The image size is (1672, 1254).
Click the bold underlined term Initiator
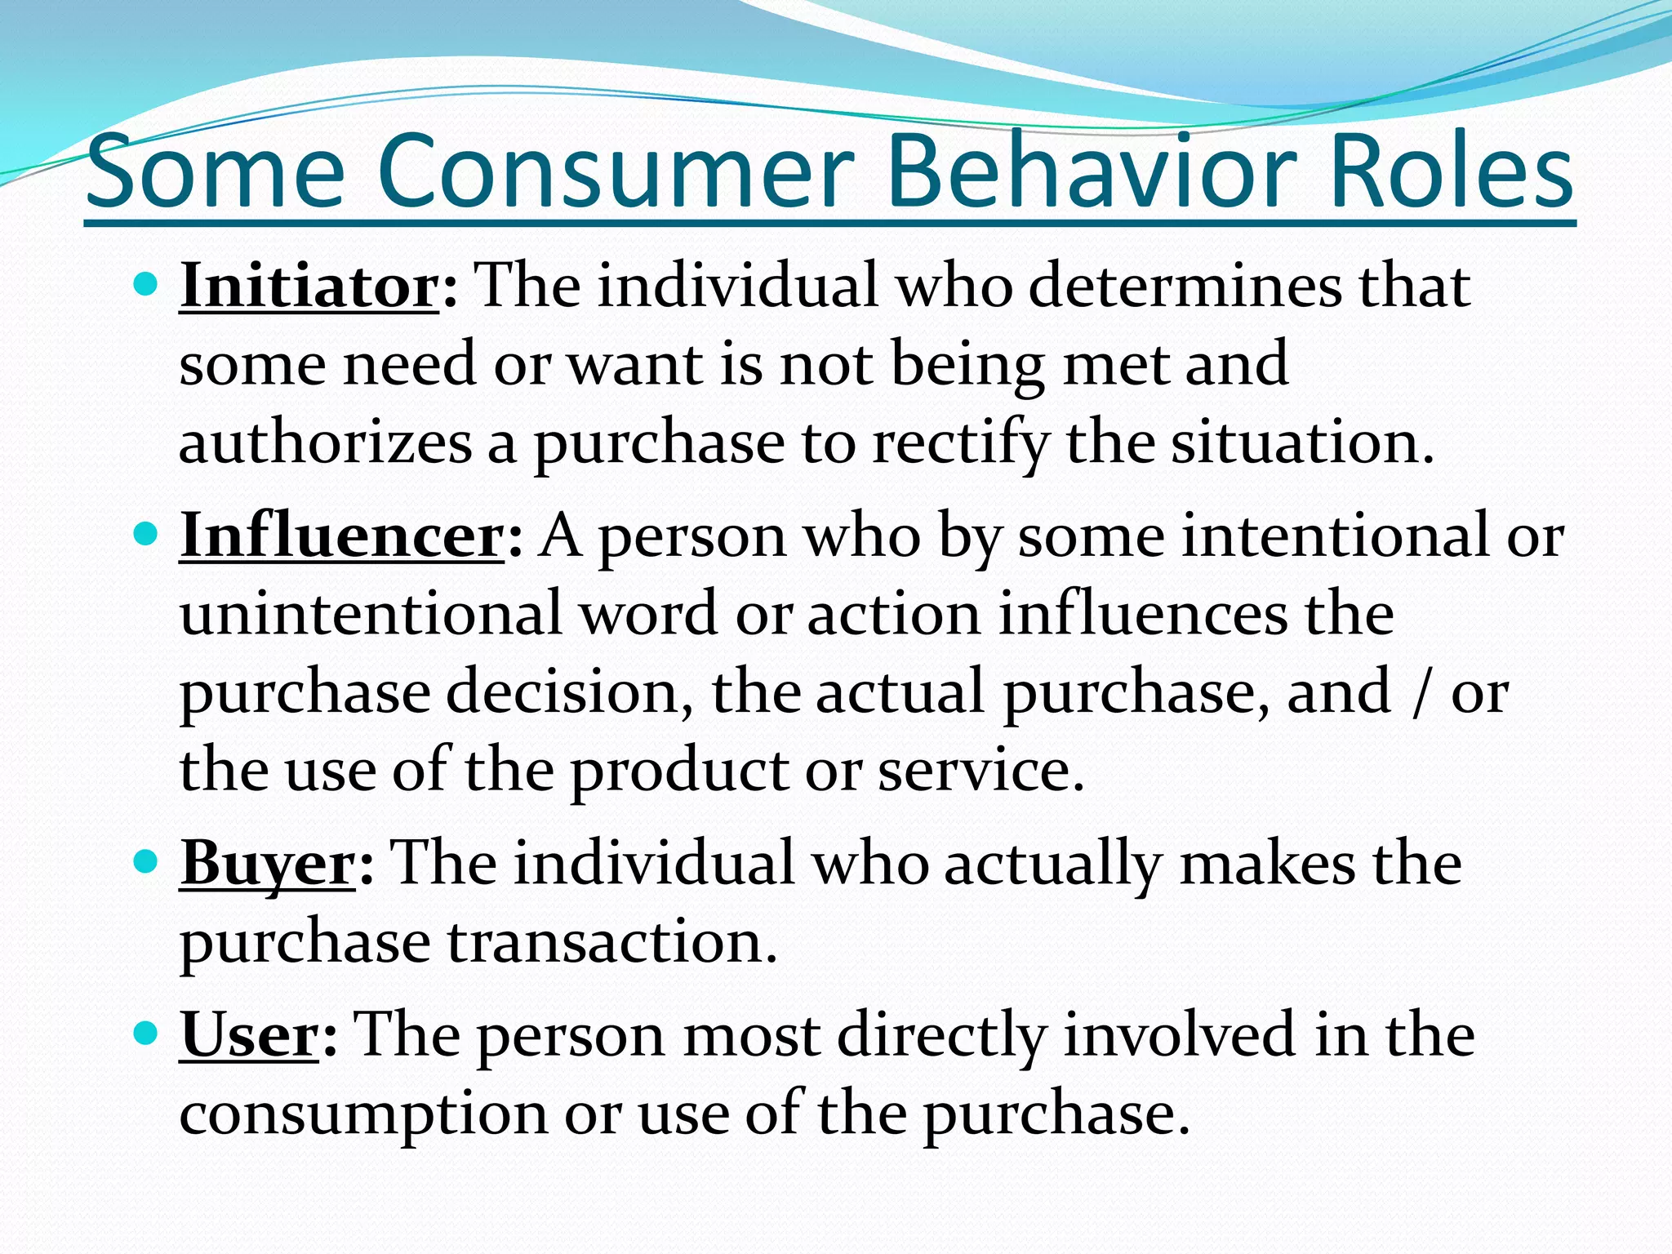tap(309, 286)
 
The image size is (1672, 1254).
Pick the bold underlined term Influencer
tap(341, 536)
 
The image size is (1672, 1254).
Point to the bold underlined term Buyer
tap(268, 864)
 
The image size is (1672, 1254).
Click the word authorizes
tap(325, 444)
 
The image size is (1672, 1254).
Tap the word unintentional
tap(371, 614)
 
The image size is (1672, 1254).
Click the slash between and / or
tap(1421, 692)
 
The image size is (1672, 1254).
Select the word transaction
tap(612, 942)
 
